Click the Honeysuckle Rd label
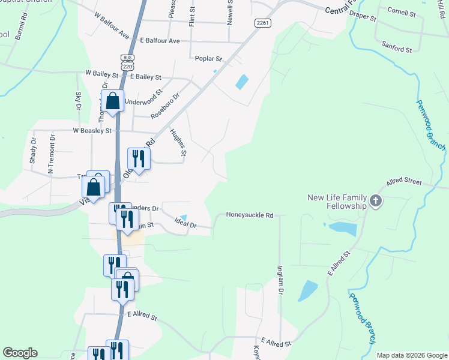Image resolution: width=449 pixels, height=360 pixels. pos(250,215)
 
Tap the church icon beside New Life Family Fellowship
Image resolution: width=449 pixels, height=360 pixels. pos(376,201)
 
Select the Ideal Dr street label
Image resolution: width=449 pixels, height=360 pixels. pos(186,223)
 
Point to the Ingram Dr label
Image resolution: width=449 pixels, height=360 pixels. pos(280,280)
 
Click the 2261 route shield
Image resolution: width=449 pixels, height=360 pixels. pos(262,23)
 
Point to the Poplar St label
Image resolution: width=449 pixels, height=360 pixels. pos(209,59)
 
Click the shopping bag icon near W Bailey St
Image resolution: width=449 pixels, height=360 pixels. pos(112,101)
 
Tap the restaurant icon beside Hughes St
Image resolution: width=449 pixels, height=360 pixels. pos(139,159)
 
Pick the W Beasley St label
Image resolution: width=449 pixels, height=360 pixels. pos(92,130)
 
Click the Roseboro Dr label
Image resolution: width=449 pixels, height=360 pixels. pos(166,105)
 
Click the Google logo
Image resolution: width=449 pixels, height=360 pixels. pos(20,353)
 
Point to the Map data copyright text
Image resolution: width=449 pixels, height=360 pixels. pos(412,355)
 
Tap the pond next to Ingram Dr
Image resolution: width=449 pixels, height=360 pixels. pos(307,291)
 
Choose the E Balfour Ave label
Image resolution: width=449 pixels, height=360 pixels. pos(160,41)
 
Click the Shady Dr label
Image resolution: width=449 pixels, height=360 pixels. pos(34,152)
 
